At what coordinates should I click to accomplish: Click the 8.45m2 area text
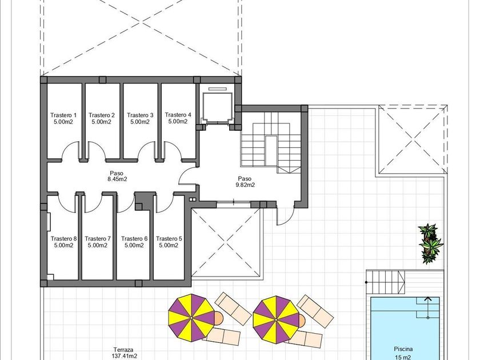coord(117,179)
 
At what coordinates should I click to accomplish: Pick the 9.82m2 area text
coord(245,185)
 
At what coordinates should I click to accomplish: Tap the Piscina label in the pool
coord(403,349)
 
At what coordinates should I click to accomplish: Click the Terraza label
coord(123,350)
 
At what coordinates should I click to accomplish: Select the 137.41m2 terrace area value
coord(124,356)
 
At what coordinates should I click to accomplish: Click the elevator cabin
coord(217,107)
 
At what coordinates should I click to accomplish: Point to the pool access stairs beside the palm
coord(386,282)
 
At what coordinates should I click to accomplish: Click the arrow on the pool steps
coord(427,307)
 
